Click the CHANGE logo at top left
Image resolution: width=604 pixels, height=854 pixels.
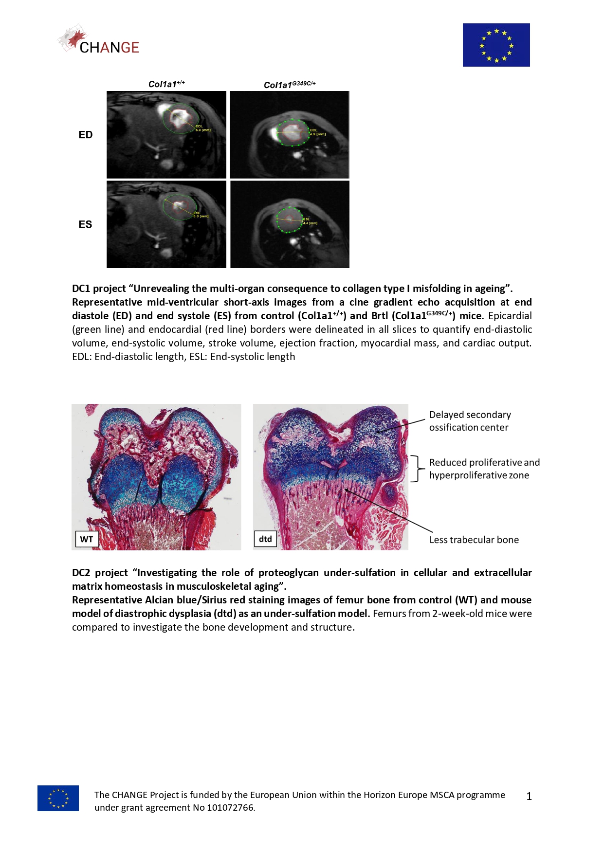pyautogui.click(x=99, y=40)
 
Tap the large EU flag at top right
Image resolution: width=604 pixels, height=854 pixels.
pyautogui.click(x=496, y=45)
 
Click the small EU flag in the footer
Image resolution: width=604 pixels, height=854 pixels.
pyautogui.click(x=58, y=798)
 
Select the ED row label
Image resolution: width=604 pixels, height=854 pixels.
pyautogui.click(x=85, y=135)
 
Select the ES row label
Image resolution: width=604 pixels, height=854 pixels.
pyautogui.click(x=85, y=224)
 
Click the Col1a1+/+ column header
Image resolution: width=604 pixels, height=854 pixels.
pyautogui.click(x=166, y=84)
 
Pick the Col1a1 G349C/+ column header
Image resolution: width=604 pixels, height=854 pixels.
pyautogui.click(x=290, y=85)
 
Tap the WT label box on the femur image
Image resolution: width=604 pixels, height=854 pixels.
pyautogui.click(x=87, y=539)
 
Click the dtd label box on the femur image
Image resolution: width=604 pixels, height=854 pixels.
pyautogui.click(x=265, y=539)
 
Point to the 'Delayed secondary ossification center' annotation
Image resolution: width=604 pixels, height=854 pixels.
pyautogui.click(x=470, y=421)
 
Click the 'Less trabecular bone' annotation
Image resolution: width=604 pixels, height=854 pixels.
pyautogui.click(x=474, y=540)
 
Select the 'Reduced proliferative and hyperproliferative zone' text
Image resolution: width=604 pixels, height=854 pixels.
pyautogui.click(x=484, y=469)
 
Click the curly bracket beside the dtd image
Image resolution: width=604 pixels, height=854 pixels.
pyautogui.click(x=415, y=469)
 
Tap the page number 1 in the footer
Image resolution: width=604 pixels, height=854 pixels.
pyautogui.click(x=529, y=797)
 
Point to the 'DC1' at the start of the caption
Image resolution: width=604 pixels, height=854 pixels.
pyautogui.click(x=81, y=289)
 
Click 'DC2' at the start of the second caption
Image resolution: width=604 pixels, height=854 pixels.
pyautogui.click(x=81, y=573)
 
